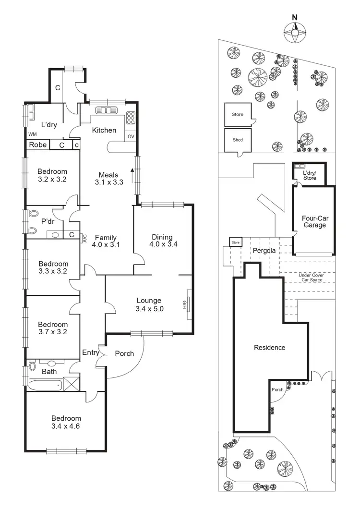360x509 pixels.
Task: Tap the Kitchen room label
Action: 104,130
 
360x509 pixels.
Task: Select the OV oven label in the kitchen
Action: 131,136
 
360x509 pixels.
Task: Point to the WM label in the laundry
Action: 33,134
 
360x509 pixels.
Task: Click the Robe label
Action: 37,145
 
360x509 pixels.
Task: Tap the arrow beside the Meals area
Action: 131,171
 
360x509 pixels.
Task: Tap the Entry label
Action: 91,352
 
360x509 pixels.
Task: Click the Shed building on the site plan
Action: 238,140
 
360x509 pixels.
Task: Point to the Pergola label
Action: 261,251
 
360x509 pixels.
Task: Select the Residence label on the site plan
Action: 269,347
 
